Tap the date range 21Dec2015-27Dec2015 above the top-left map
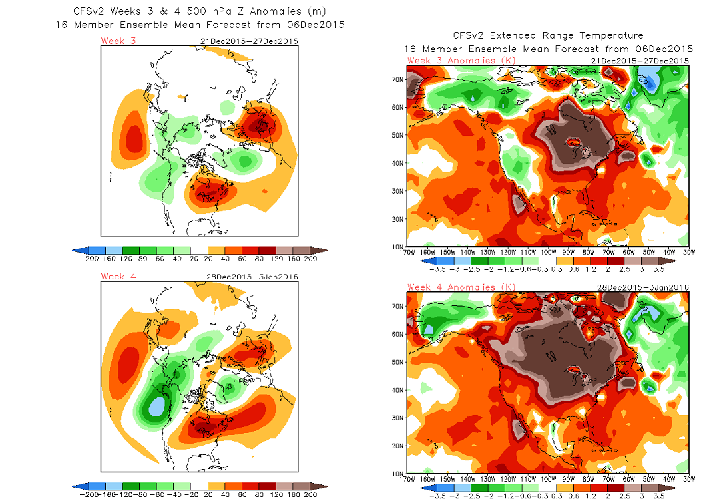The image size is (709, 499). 249,41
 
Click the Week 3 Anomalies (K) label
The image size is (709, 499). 451,61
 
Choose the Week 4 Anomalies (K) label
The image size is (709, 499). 451,287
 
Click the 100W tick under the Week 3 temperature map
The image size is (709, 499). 547,253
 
